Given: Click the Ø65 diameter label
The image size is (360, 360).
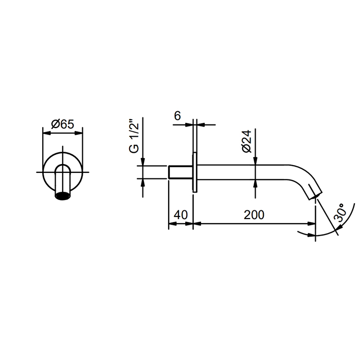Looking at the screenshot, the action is [63, 124].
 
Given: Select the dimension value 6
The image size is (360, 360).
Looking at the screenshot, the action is [177, 116].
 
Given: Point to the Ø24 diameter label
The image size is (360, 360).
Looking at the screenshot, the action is [247, 141].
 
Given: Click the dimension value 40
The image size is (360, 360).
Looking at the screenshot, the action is [181, 215].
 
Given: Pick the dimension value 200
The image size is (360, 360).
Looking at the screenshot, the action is [254, 215].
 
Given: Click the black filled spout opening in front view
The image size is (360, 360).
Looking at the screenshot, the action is [63, 196].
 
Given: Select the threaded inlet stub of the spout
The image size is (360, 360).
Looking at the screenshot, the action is [180, 172].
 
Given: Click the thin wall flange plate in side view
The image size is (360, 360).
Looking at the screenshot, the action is [195, 172].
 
